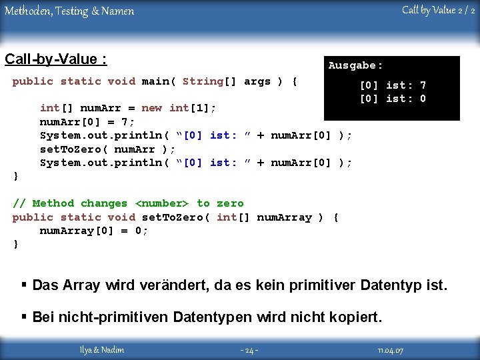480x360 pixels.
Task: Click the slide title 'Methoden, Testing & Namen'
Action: pos(69,11)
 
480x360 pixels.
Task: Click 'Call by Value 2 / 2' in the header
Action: pos(438,10)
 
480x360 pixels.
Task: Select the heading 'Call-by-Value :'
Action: pos(55,59)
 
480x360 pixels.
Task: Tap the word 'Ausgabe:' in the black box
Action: pos(355,65)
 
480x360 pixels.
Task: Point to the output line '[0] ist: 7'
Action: pos(393,85)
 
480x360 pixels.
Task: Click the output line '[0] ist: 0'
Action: pos(393,99)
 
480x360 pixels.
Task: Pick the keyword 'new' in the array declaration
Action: pos(151,108)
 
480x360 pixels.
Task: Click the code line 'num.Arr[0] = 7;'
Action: pos(87,121)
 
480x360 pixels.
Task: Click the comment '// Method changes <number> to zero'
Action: pos(128,203)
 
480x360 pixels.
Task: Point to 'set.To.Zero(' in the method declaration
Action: pos(175,217)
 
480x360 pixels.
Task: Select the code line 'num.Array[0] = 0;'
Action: pos(94,231)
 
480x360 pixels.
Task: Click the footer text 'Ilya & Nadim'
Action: pos(102,350)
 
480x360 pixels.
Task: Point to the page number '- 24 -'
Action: pos(249,350)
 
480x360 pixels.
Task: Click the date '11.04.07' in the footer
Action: pos(391,350)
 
